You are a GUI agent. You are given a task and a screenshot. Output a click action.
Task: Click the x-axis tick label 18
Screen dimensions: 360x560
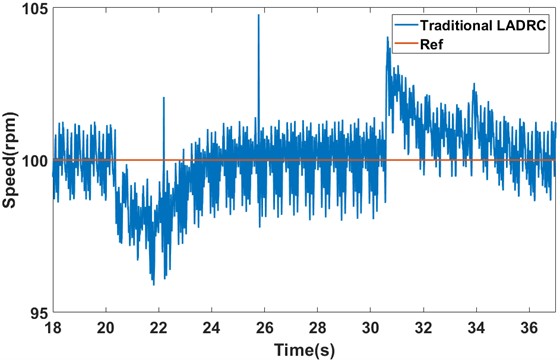click(x=53, y=327)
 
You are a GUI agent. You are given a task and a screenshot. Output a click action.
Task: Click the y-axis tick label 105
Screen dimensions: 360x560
click(x=31, y=9)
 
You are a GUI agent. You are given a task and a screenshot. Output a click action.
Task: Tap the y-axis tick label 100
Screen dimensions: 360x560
click(x=31, y=160)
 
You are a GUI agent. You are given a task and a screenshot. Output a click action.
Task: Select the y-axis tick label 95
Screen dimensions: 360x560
click(x=35, y=311)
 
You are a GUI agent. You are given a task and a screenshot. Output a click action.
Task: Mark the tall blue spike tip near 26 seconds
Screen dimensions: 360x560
click(x=258, y=15)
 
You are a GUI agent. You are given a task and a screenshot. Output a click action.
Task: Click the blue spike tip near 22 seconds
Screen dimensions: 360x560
click(x=164, y=98)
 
